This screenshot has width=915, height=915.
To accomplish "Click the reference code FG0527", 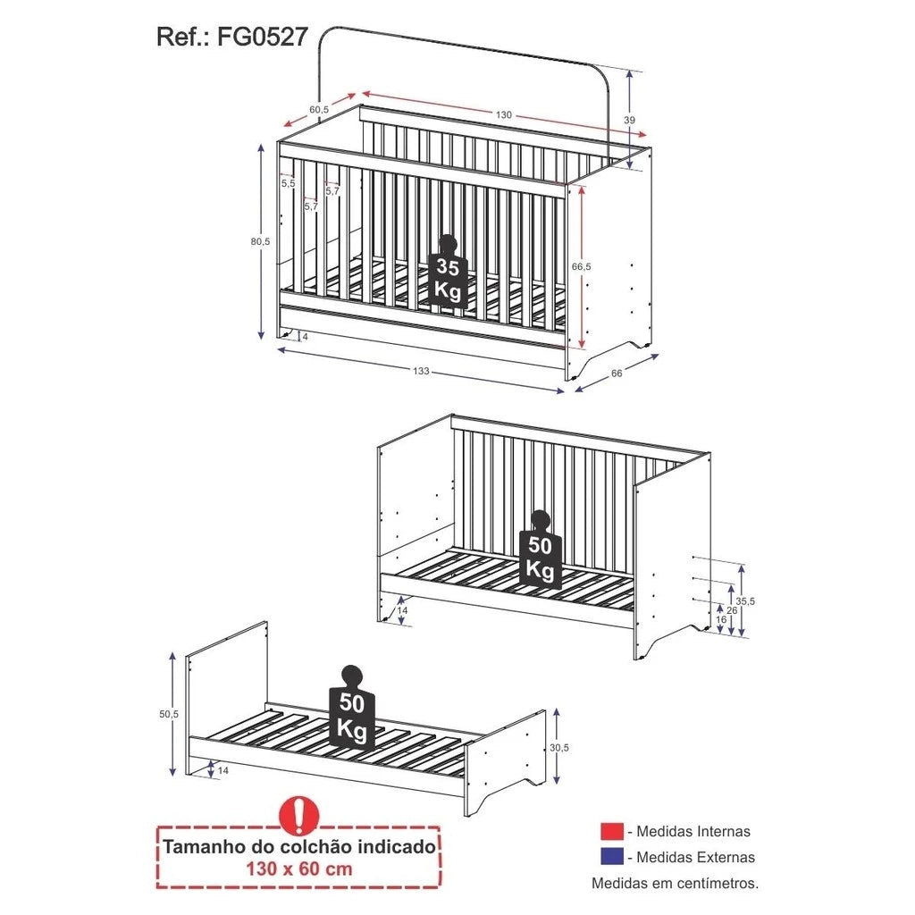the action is point(262,37).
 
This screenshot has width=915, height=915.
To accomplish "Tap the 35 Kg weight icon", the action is point(448,272).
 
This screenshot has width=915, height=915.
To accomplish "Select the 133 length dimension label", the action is point(422,371).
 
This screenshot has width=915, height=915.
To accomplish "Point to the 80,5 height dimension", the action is point(260,240).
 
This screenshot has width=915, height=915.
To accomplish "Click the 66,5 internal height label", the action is point(581,266).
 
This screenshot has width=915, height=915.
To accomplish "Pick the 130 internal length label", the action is point(504,114).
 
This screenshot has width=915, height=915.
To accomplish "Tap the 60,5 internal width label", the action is point(319,109).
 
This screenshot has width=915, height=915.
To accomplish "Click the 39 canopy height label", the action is point(629,120).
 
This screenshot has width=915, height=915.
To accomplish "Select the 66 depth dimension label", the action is point(617,373).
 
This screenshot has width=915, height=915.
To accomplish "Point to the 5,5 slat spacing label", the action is point(289,183).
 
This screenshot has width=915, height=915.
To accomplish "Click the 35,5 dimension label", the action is point(745,600).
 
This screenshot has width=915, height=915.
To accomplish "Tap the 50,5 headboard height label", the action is point(169,714).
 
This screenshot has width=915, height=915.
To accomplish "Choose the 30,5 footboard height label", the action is point(559,747).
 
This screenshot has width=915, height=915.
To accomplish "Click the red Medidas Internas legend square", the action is point(612,831).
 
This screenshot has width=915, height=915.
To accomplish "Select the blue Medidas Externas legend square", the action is point(612,857).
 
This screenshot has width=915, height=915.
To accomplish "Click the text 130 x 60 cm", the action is point(299,869).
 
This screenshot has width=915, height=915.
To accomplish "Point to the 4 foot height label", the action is point(305,337).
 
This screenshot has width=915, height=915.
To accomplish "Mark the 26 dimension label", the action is point(733,609).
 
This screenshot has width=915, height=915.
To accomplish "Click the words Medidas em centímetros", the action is point(676,883).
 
